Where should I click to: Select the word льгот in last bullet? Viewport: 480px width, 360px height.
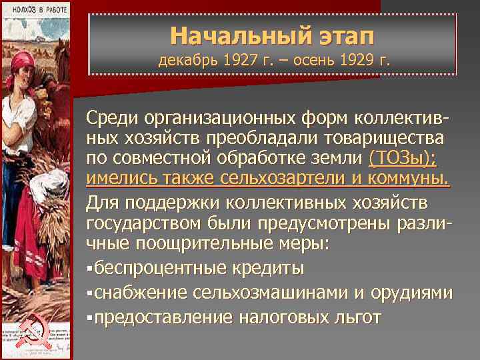(x=359, y=317)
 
